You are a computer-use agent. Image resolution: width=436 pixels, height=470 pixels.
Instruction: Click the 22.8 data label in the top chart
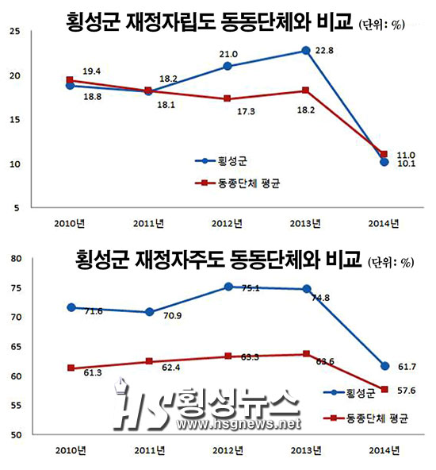point(324,50)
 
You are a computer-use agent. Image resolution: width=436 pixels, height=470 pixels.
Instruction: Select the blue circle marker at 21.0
point(228,66)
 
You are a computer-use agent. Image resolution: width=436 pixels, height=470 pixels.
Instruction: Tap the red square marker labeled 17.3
point(228,98)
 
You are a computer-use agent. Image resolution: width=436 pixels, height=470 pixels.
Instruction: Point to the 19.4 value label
point(92,71)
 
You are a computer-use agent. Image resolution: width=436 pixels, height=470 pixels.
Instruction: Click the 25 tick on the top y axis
point(14,31)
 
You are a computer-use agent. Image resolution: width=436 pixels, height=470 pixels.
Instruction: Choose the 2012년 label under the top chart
point(227,224)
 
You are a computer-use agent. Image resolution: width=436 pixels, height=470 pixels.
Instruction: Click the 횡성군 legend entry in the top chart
point(221,161)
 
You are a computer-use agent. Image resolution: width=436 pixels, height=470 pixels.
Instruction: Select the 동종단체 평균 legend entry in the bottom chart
point(365,418)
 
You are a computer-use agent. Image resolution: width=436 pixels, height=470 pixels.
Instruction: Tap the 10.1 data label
point(406,164)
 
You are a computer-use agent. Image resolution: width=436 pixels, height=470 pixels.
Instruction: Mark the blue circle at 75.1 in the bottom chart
point(228,287)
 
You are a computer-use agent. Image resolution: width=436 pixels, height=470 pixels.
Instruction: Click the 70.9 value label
point(172,316)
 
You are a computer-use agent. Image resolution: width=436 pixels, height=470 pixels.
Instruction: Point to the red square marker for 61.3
point(71,368)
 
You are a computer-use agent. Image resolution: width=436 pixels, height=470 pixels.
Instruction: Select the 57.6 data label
point(407,391)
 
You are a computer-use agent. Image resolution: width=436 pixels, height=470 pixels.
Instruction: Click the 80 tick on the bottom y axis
point(16,259)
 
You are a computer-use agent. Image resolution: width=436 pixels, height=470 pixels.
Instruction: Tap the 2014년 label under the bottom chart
point(384,450)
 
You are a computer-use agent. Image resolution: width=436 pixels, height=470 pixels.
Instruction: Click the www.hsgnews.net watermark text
point(239,424)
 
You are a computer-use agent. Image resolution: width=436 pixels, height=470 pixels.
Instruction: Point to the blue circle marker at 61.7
point(384,366)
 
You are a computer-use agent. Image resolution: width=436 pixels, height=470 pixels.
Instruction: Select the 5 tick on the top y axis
point(17,208)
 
